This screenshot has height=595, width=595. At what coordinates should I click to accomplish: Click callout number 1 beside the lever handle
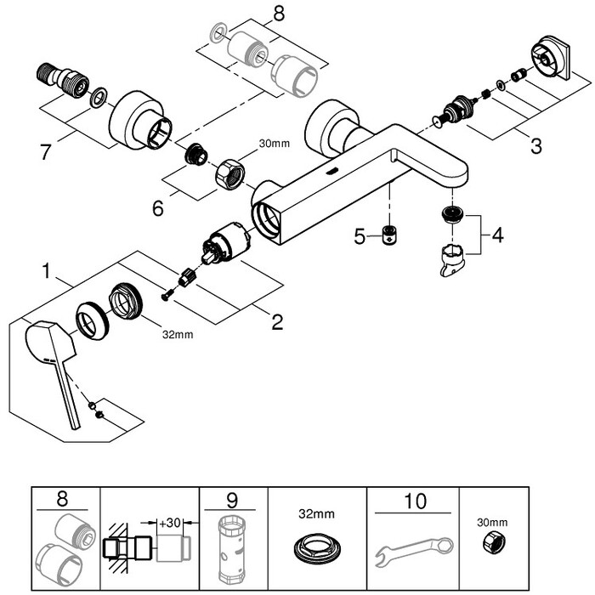point(48,273)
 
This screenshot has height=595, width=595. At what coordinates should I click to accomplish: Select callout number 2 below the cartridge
point(276,322)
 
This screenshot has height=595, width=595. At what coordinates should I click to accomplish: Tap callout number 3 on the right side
point(535,145)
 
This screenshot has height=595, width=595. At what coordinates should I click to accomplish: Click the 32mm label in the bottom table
point(315,514)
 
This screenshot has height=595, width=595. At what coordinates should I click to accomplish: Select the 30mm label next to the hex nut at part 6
point(275,144)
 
